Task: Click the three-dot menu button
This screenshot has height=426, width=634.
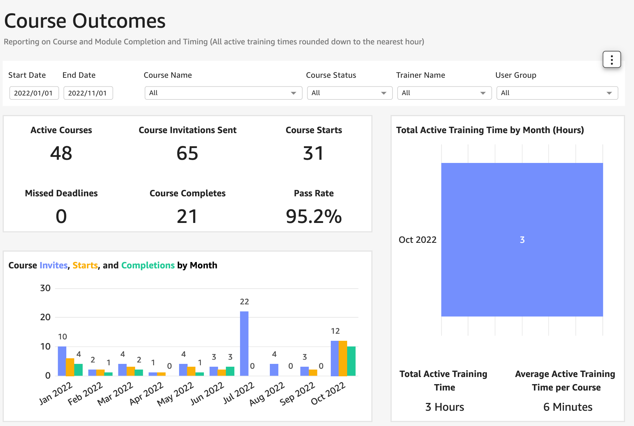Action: (x=612, y=60)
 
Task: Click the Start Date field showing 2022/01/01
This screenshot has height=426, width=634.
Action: (x=34, y=93)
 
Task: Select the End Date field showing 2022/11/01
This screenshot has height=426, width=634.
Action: (x=88, y=93)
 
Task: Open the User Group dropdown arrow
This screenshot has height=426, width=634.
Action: (x=609, y=93)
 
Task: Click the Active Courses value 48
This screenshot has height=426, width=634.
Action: (x=61, y=153)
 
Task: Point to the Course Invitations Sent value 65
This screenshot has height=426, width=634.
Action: (x=187, y=153)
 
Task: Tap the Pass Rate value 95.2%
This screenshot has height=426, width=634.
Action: (x=313, y=217)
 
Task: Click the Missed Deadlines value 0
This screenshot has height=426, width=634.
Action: (x=61, y=217)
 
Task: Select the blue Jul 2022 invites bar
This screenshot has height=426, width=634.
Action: (x=244, y=343)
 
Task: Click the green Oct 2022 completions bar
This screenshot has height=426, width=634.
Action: (x=351, y=361)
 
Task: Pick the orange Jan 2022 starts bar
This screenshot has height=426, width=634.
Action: (x=70, y=367)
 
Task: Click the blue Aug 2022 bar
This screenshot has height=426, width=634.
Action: (x=274, y=370)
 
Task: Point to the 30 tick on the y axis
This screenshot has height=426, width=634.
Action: (x=45, y=288)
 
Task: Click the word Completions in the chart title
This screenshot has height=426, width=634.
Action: (x=148, y=266)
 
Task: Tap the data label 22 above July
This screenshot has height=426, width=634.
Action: (x=244, y=302)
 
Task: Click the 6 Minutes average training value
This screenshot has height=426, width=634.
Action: (x=568, y=407)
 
